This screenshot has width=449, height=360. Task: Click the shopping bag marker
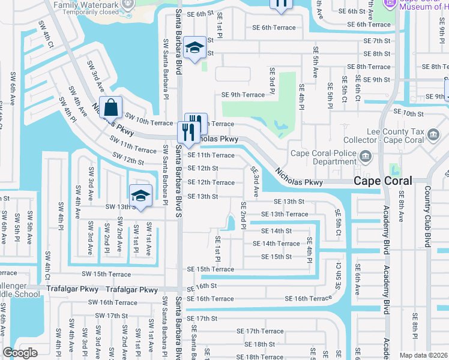pyautogui.click(x=111, y=108)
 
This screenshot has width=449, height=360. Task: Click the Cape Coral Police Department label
pyautogui.click(x=324, y=157)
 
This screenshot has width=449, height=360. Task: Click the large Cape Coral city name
pyautogui.click(x=382, y=181)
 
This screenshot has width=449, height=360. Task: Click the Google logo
pyautogui.click(x=20, y=353)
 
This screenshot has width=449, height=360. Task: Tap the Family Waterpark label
pyautogui.click(x=85, y=5)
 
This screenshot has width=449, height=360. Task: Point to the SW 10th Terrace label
pyautogui.click(x=148, y=122)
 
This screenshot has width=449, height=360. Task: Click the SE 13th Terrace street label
pyautogui.click(x=285, y=214)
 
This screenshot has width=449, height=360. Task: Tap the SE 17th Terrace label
pyautogui.click(x=260, y=331)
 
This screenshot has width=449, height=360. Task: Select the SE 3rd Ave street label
pyautogui.click(x=255, y=182)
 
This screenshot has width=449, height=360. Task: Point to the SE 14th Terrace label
pyautogui.click(x=276, y=244)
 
